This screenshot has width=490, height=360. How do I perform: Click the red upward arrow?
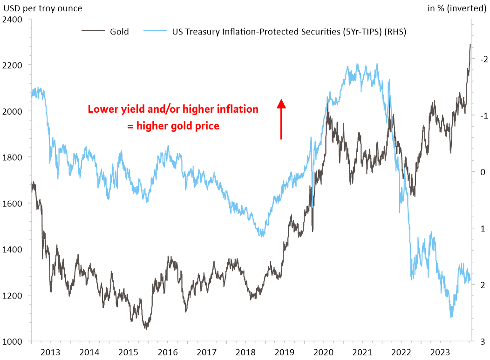281,118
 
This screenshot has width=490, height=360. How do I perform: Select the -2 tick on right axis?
483,59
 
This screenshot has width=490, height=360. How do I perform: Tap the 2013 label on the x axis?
50,353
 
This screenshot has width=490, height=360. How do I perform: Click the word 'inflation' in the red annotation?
238,109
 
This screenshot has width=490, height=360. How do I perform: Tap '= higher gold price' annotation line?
173,126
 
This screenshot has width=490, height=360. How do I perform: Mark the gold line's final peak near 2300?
470,45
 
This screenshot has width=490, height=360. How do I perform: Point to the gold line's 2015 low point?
146,329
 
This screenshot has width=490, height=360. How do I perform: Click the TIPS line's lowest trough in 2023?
451,317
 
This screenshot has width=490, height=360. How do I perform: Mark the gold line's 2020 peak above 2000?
327,103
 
